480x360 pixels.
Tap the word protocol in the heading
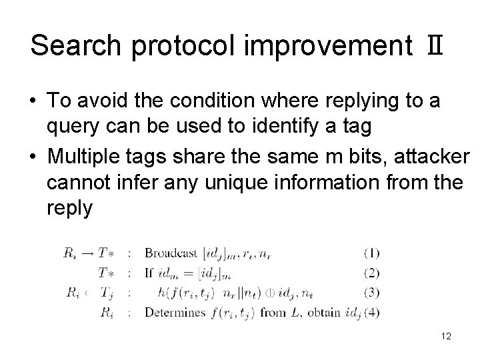click(187, 47)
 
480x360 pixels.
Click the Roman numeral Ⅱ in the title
click(435, 45)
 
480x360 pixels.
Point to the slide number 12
click(445, 336)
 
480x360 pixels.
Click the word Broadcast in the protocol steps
click(171, 253)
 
